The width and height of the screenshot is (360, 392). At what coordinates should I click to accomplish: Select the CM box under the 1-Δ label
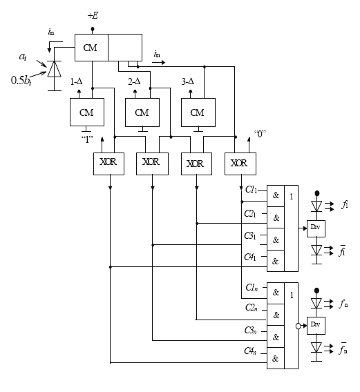click(x=86, y=112)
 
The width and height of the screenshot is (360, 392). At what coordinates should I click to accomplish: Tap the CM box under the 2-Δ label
click(x=142, y=112)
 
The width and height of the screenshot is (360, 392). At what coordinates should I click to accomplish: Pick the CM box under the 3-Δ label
click(x=197, y=112)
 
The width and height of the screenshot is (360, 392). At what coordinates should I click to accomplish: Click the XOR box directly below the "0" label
click(x=238, y=163)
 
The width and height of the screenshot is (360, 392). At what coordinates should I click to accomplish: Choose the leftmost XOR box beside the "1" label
click(x=108, y=163)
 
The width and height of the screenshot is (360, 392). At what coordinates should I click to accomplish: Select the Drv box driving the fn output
click(x=316, y=324)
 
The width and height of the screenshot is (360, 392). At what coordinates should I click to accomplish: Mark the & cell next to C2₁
click(x=276, y=217)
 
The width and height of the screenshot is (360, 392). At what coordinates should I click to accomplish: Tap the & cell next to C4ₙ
click(x=276, y=359)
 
